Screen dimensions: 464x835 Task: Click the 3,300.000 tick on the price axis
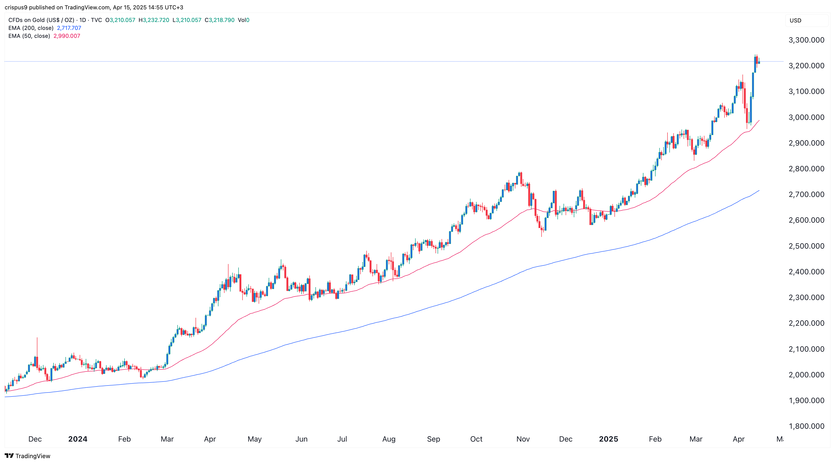pyautogui.click(x=806, y=40)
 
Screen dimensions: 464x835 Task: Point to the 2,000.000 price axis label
pyautogui.click(x=806, y=375)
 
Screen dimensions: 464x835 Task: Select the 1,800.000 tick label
pyautogui.click(x=806, y=426)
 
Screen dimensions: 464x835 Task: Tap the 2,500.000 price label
pyautogui.click(x=806, y=246)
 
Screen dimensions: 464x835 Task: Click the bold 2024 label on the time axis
pyautogui.click(x=78, y=439)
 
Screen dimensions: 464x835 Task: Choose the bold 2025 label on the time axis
pyautogui.click(x=608, y=439)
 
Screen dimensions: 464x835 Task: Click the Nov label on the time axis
pyautogui.click(x=523, y=439)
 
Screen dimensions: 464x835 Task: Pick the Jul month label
pyautogui.click(x=342, y=439)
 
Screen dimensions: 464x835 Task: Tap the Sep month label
pyautogui.click(x=433, y=439)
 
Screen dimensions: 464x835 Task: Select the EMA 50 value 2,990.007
pyautogui.click(x=67, y=36)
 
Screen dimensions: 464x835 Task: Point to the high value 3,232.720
pyautogui.click(x=156, y=20)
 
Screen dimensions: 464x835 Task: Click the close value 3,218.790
pyautogui.click(x=221, y=20)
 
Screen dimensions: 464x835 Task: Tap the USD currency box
pyautogui.click(x=796, y=20)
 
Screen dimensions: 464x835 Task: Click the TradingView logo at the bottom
pyautogui.click(x=28, y=456)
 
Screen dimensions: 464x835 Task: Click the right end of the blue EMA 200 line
pyautogui.click(x=759, y=191)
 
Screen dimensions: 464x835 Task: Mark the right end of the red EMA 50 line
pyautogui.click(x=759, y=120)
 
